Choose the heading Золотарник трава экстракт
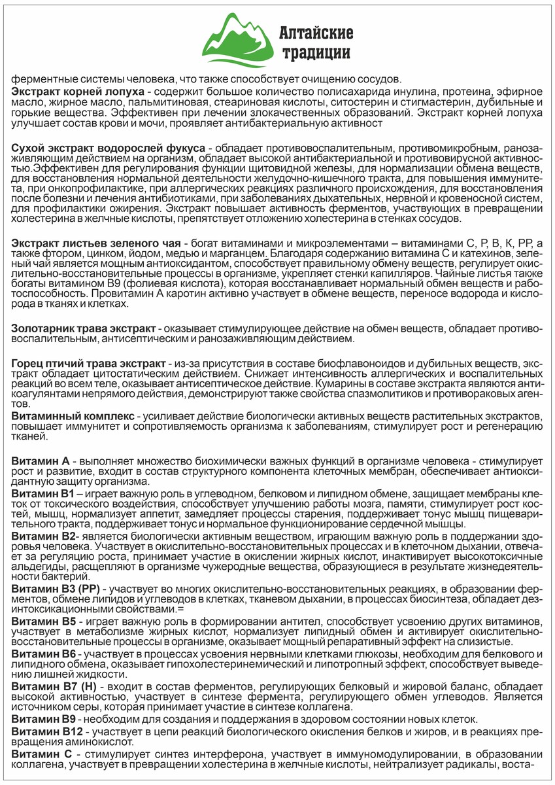(84, 326)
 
